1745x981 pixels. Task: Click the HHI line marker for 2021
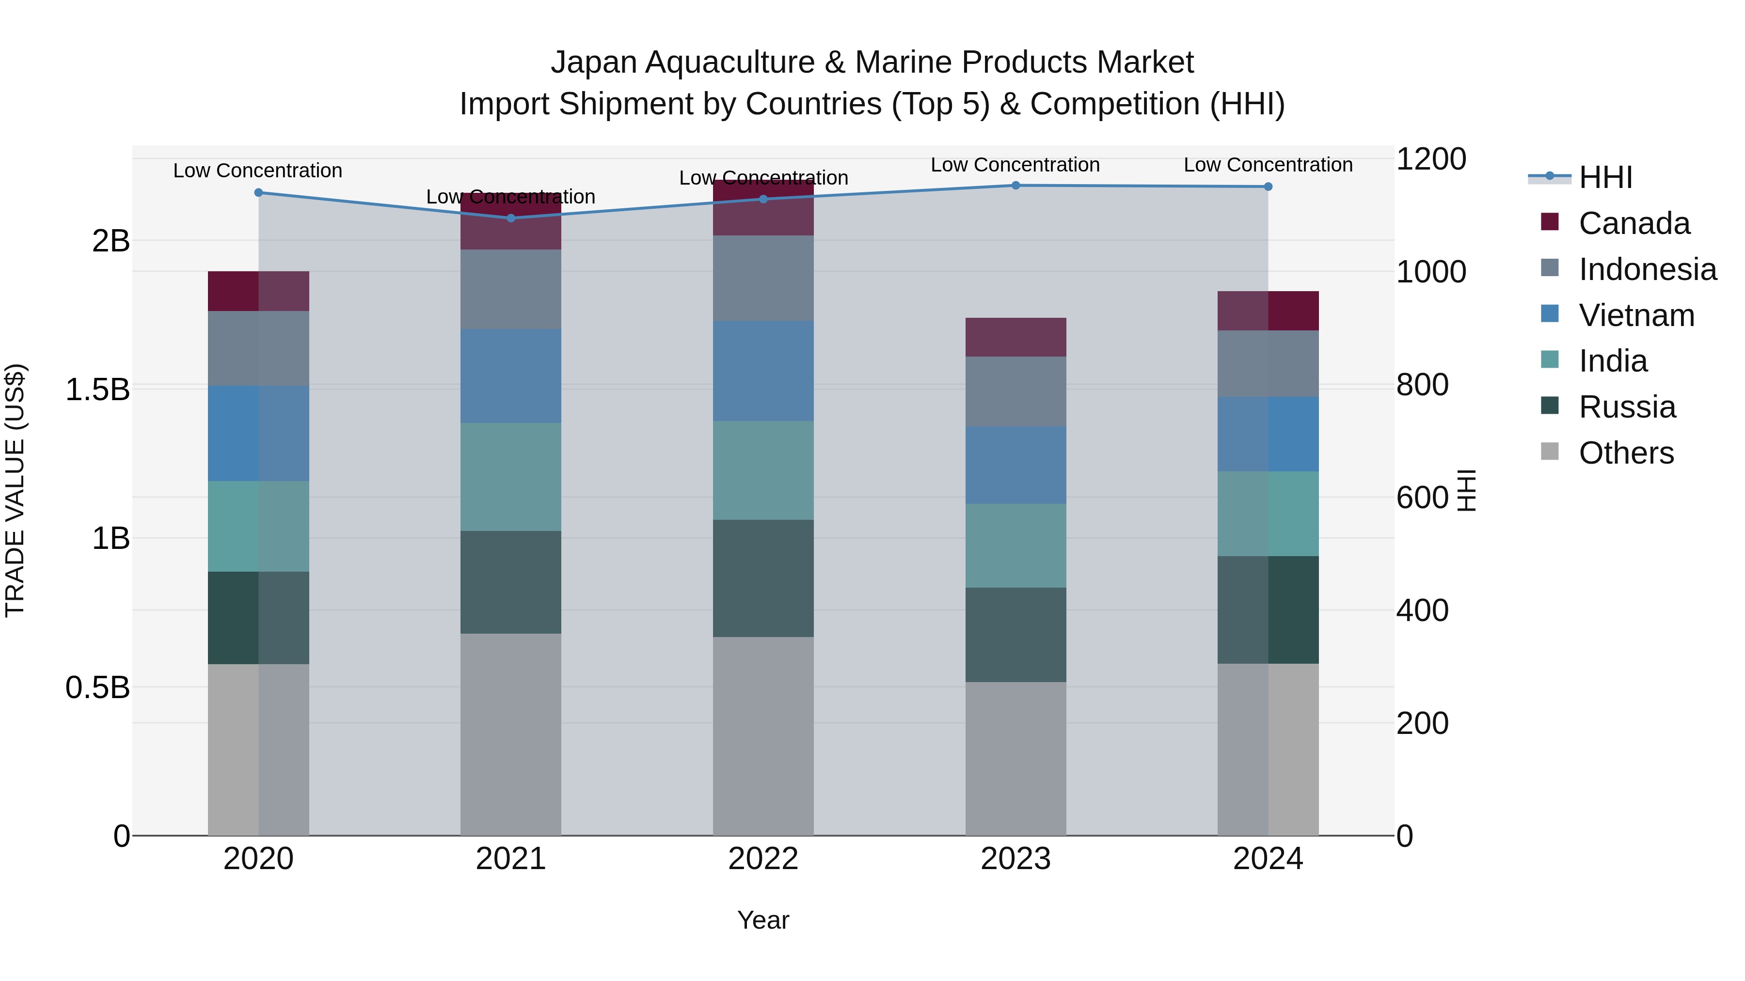(x=511, y=218)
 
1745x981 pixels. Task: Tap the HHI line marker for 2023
(x=1015, y=186)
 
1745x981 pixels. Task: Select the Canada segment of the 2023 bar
(x=1015, y=337)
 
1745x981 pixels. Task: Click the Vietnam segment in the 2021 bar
(x=511, y=376)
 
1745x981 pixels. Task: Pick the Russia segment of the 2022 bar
(x=763, y=578)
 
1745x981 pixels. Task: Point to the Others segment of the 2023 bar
(x=1015, y=758)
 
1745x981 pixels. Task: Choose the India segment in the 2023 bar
(x=1015, y=545)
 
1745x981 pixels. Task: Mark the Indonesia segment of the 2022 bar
(x=763, y=278)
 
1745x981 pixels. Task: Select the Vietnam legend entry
(x=1636, y=315)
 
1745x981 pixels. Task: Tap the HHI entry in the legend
(x=1605, y=177)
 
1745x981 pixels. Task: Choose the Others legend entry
(x=1626, y=453)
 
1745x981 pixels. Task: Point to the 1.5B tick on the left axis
(x=97, y=390)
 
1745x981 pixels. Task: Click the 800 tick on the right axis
(x=1422, y=385)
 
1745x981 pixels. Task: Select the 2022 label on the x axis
(x=763, y=859)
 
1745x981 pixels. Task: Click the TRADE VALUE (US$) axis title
(x=15, y=490)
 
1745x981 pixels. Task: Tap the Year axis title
(x=763, y=920)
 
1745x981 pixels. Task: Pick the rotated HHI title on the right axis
(x=1465, y=490)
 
